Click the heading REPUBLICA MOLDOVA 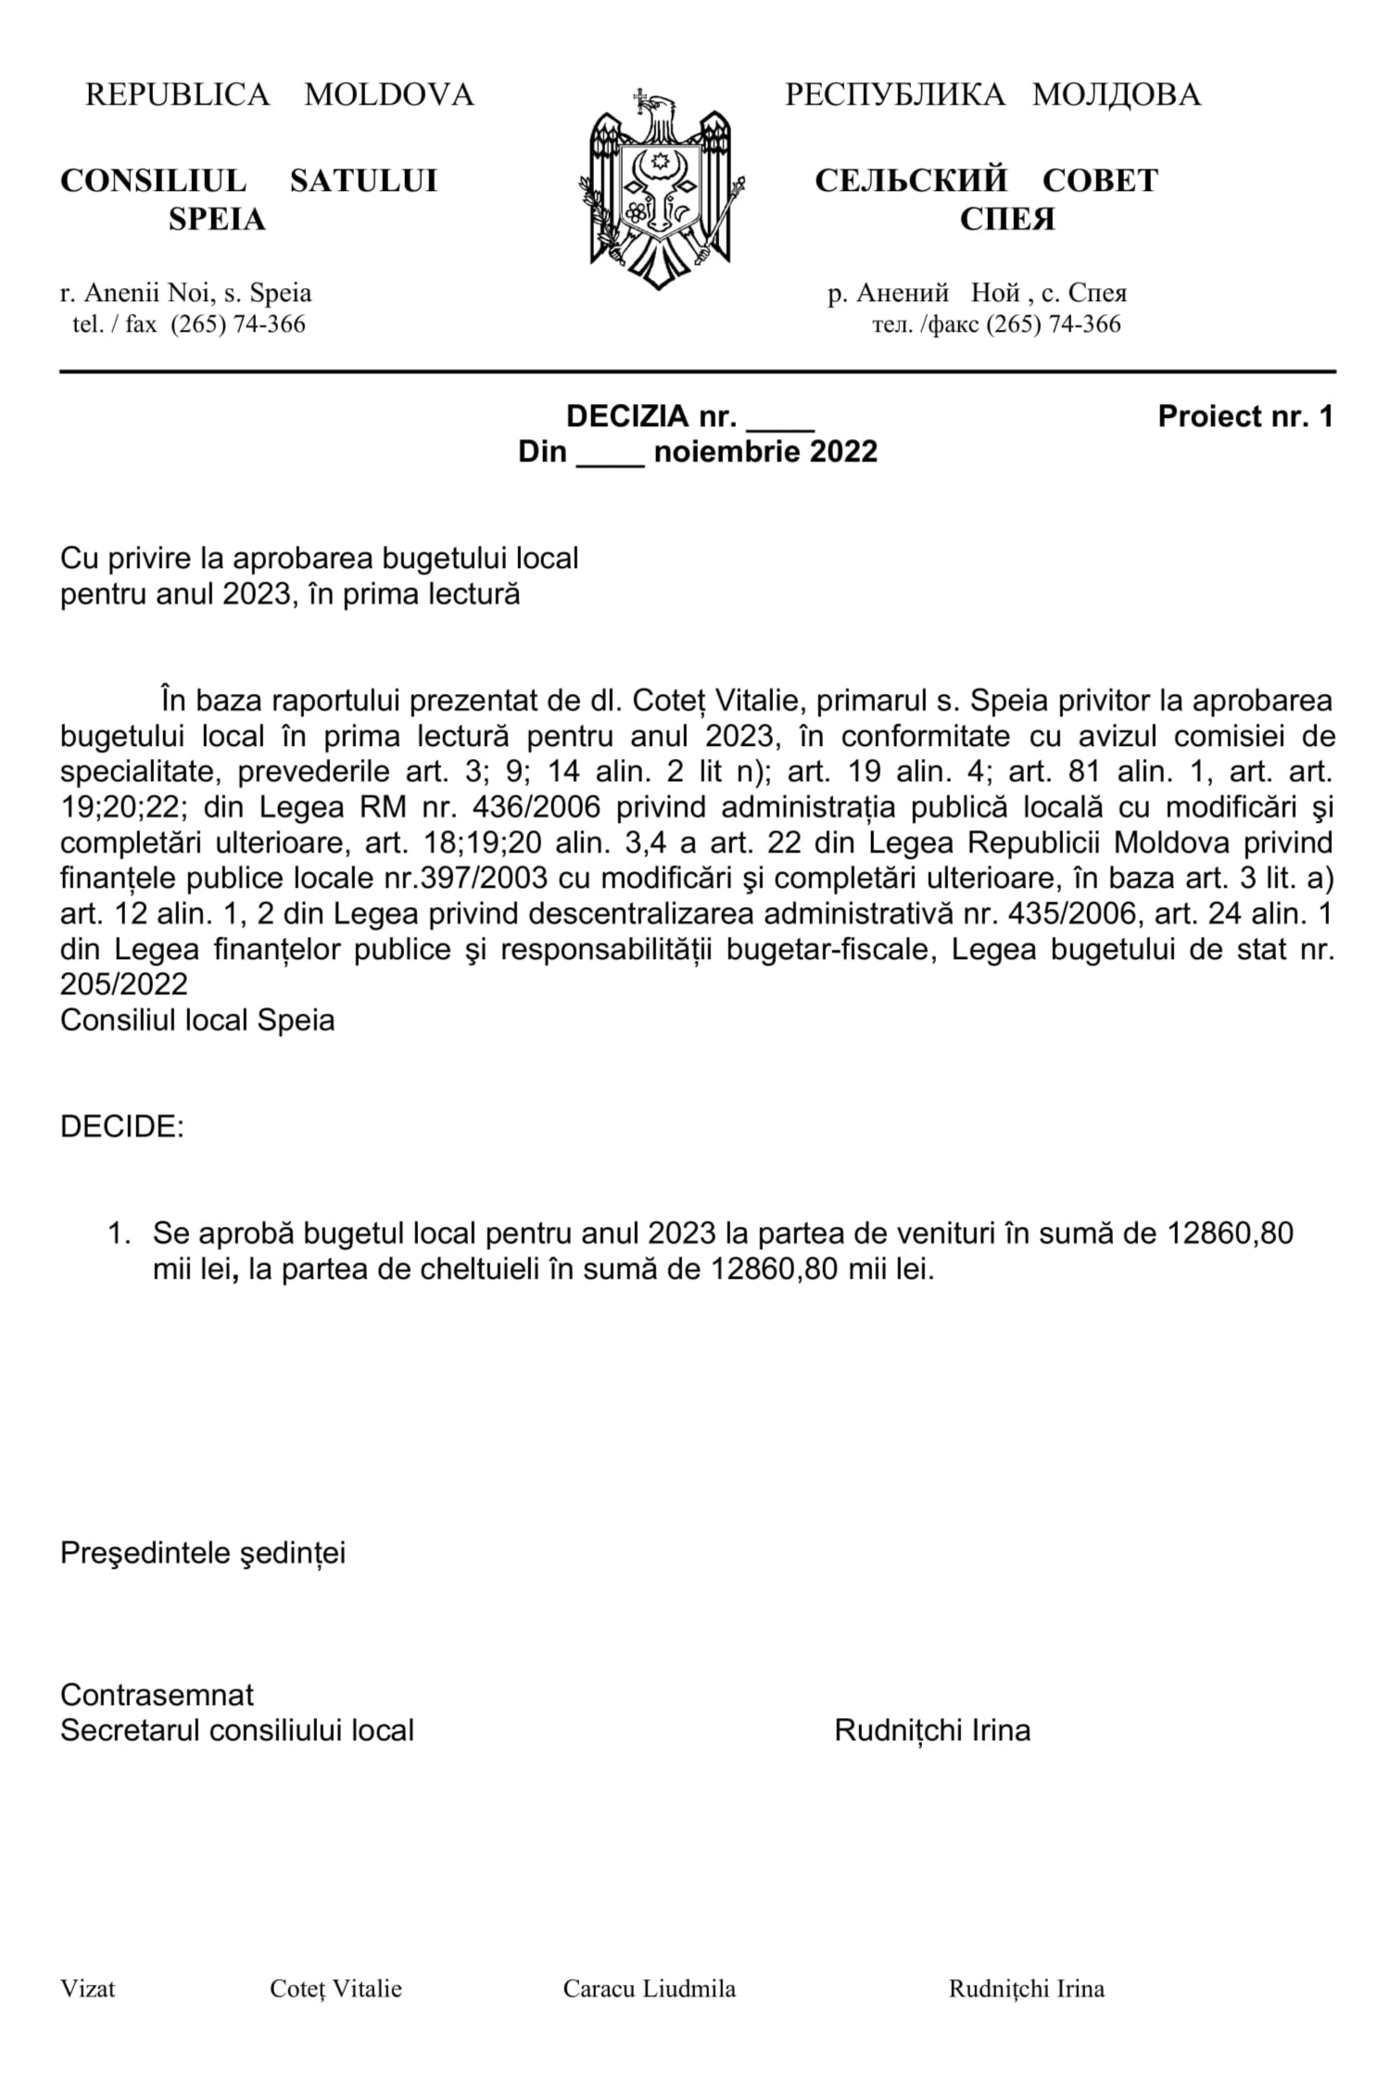[x=279, y=95]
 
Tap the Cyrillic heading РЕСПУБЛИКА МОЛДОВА [x=993, y=95]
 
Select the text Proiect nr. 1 [x=1245, y=417]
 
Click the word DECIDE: [x=122, y=1128]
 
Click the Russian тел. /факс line [x=996, y=324]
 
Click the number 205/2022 [x=124, y=983]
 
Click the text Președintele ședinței [x=203, y=1553]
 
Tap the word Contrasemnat [x=157, y=1695]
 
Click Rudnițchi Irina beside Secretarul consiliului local [x=932, y=1730]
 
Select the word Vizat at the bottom [x=88, y=1989]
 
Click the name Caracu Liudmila [x=649, y=1989]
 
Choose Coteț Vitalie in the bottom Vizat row [x=335, y=1989]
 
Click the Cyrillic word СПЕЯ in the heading [x=1006, y=220]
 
